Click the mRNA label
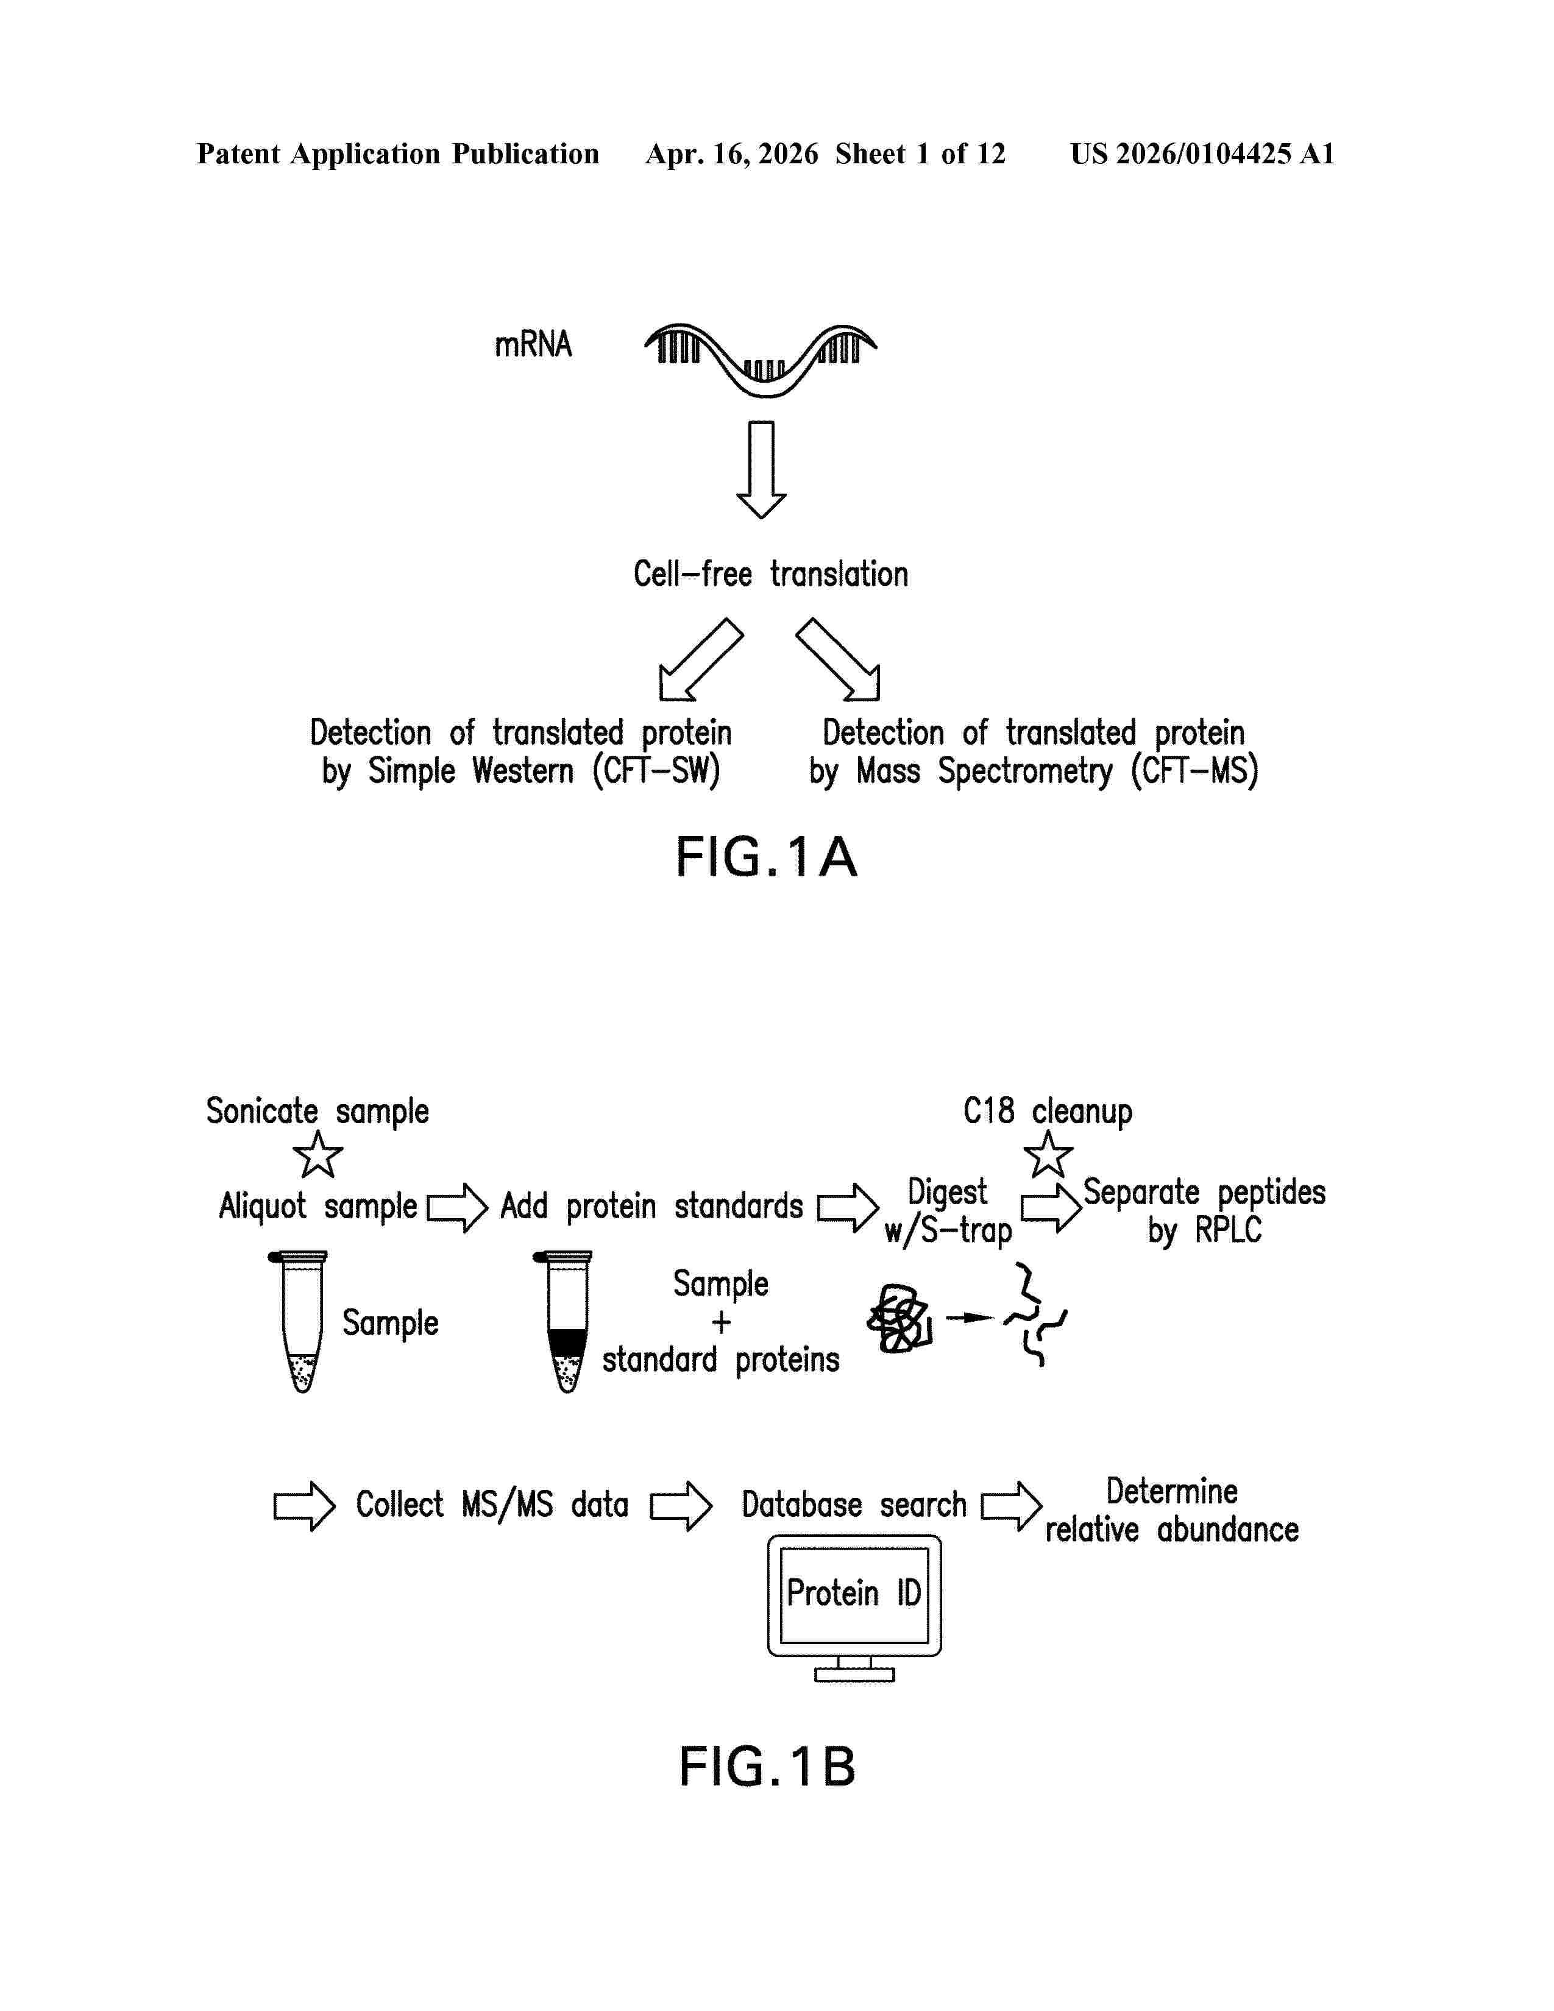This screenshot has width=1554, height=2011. [x=533, y=344]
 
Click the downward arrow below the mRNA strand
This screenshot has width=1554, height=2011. [x=761, y=470]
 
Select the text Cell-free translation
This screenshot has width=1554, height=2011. [x=770, y=573]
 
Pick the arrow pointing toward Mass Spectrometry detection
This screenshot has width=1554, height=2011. [x=838, y=659]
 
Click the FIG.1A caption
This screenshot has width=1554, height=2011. [x=767, y=857]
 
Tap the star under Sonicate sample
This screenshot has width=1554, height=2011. [x=318, y=1155]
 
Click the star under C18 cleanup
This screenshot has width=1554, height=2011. [x=1048, y=1155]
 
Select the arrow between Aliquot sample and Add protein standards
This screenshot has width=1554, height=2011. [x=458, y=1207]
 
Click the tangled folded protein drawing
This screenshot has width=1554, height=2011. [x=899, y=1319]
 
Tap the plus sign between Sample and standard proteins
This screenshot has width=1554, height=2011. [x=721, y=1322]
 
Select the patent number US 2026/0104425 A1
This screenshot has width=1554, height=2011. [x=1202, y=154]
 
